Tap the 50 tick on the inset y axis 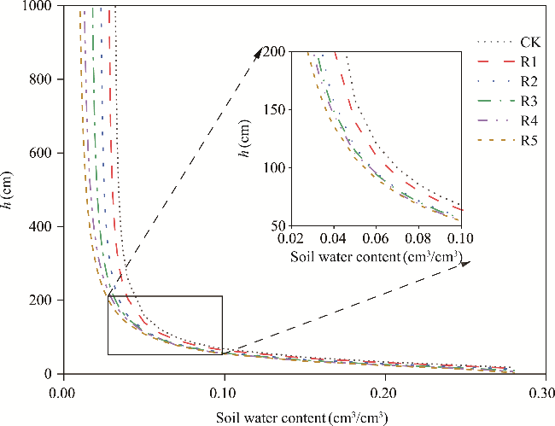[x=277, y=225]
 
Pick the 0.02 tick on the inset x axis [x=291, y=239]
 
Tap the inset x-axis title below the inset [x=376, y=255]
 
